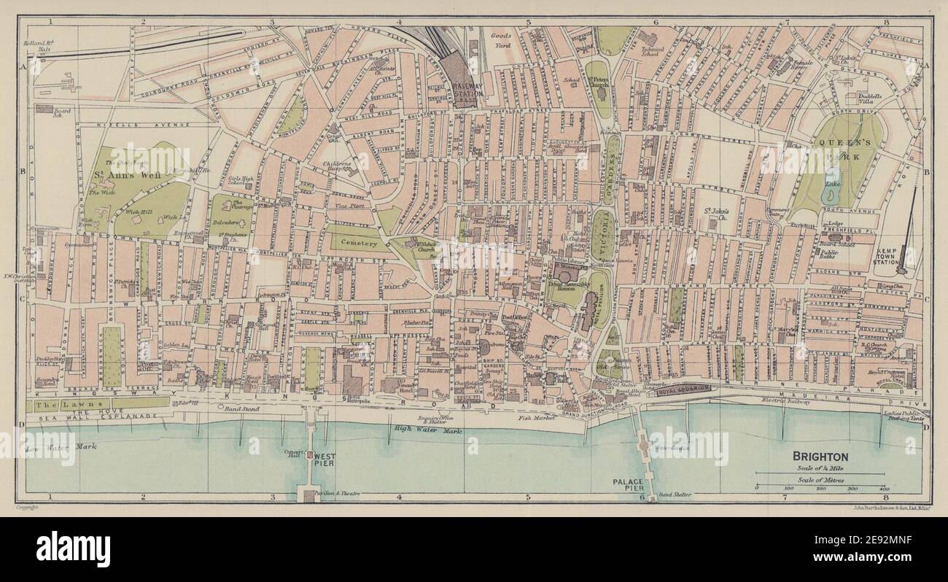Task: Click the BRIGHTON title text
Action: point(820,457)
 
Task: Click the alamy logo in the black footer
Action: point(73,549)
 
